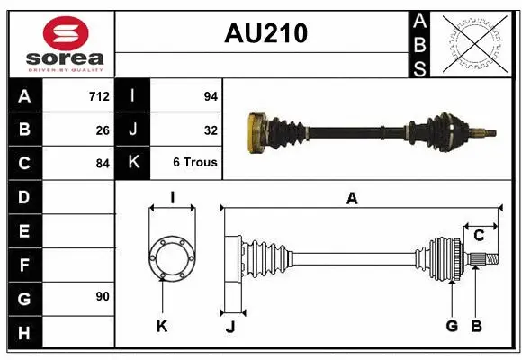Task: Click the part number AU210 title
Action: pyautogui.click(x=265, y=33)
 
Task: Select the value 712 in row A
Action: pyautogui.click(x=99, y=96)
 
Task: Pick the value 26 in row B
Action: pyautogui.click(x=103, y=130)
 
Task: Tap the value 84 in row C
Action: pyautogui.click(x=103, y=164)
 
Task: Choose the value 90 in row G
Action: pyautogui.click(x=103, y=296)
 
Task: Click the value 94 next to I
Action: pyautogui.click(x=211, y=96)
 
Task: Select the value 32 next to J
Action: pyautogui.click(x=211, y=130)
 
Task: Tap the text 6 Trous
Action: pyautogui.click(x=195, y=163)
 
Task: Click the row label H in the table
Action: pyautogui.click(x=23, y=333)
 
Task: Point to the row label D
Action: pyautogui.click(x=23, y=196)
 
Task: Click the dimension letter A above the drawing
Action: pyautogui.click(x=352, y=198)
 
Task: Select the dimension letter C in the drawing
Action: pyautogui.click(x=479, y=236)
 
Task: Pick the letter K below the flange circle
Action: pyautogui.click(x=162, y=326)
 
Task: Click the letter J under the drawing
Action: pyautogui.click(x=229, y=327)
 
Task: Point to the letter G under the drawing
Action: pyautogui.click(x=452, y=326)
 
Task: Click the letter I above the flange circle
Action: pyautogui.click(x=172, y=197)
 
